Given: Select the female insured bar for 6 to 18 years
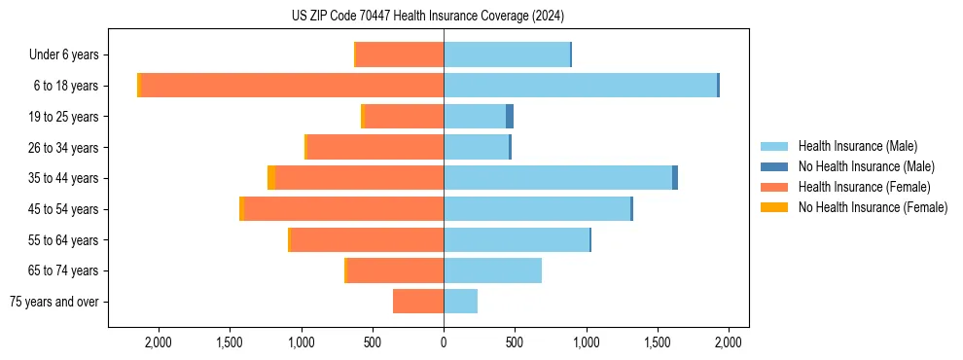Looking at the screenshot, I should (x=292, y=86).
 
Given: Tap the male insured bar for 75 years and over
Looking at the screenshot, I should (x=461, y=302).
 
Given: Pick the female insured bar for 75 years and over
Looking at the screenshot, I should (x=418, y=302).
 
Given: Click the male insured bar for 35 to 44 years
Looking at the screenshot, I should (x=557, y=178).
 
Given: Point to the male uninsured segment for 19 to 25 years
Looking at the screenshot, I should (x=510, y=117).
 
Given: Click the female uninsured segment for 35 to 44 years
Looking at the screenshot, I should (x=271, y=178).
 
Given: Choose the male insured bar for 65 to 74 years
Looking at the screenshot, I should (x=492, y=270).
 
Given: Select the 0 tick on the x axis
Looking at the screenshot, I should (x=444, y=342).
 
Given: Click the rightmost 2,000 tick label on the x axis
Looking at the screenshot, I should (x=729, y=342).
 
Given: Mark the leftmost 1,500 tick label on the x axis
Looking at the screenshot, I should (x=230, y=342).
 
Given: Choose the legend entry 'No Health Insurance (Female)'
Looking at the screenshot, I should (x=873, y=207).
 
